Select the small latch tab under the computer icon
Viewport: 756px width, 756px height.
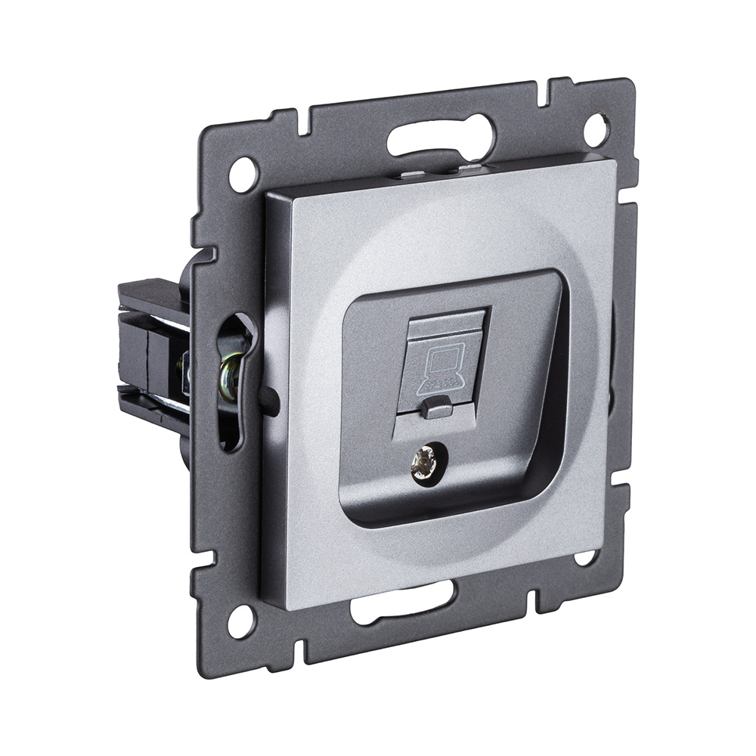435,408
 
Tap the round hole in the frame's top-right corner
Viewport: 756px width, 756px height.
596,128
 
